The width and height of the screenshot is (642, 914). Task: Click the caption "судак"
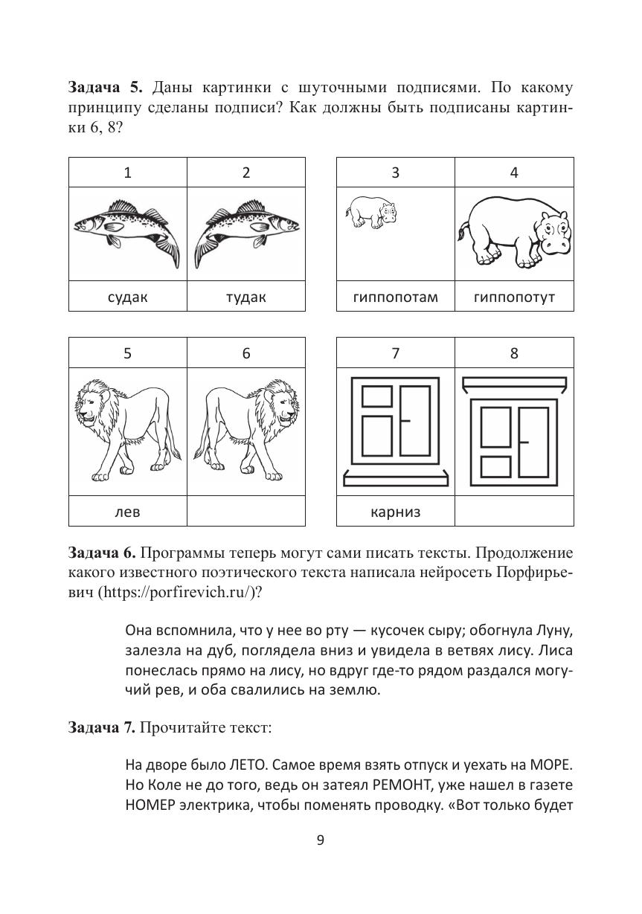pyautogui.click(x=127, y=297)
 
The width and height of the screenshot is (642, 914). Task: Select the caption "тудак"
pyautogui.click(x=245, y=297)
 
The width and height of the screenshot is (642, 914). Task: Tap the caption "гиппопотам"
pyautogui.click(x=395, y=297)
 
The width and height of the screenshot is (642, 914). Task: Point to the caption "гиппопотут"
pyautogui.click(x=514, y=297)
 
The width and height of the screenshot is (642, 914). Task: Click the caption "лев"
pyautogui.click(x=127, y=512)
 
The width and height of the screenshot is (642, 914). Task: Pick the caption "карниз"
pyautogui.click(x=395, y=512)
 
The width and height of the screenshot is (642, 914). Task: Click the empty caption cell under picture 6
pyautogui.click(x=245, y=512)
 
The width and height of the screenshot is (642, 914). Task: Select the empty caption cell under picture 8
pyautogui.click(x=514, y=512)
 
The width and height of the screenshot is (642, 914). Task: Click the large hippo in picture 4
pyautogui.click(x=514, y=231)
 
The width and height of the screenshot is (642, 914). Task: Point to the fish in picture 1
pyautogui.click(x=127, y=227)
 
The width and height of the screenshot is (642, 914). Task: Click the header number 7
pyautogui.click(x=395, y=354)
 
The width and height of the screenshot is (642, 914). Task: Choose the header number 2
pyautogui.click(x=245, y=173)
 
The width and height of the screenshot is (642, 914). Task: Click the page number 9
pyautogui.click(x=321, y=840)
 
